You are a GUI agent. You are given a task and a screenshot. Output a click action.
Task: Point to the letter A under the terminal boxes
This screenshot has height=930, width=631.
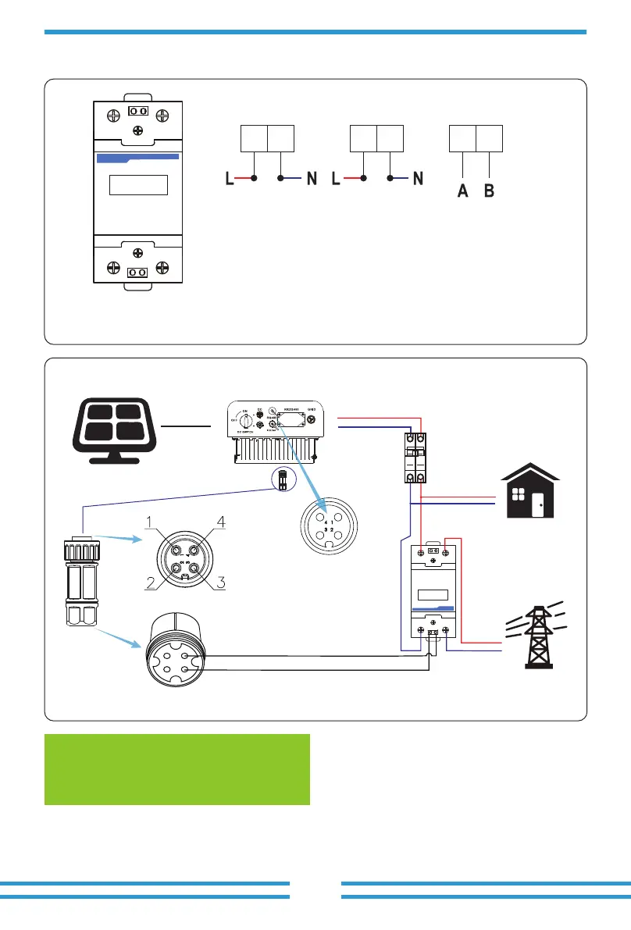pos(463,191)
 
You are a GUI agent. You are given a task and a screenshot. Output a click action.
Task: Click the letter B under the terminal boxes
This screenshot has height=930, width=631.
pos(490,191)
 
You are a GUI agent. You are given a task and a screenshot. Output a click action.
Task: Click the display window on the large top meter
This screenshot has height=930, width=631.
pos(138,185)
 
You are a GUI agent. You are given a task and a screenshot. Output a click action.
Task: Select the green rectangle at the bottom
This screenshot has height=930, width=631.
pos(177,769)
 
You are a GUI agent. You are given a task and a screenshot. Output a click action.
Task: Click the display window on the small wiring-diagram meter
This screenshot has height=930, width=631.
pos(432,593)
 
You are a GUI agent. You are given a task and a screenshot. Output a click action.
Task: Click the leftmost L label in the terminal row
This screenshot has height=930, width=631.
pos(229,179)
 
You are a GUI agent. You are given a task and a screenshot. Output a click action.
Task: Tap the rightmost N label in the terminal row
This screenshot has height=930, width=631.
pos(418,179)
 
